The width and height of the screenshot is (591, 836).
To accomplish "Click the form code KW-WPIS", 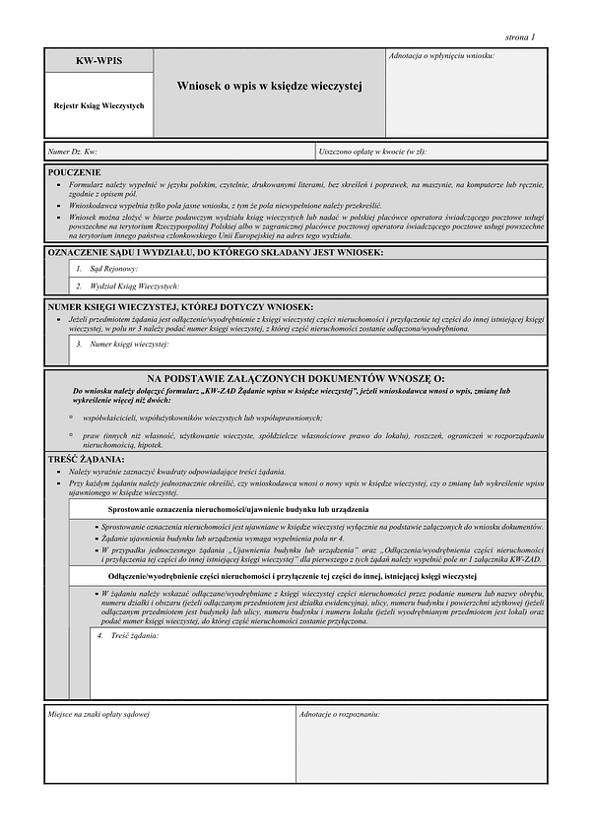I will (x=98, y=61).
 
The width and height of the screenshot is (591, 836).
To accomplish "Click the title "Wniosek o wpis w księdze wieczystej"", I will (x=269, y=87).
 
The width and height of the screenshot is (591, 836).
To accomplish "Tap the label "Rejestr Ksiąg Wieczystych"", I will (x=98, y=105).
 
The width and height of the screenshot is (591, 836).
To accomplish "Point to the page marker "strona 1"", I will (x=519, y=36).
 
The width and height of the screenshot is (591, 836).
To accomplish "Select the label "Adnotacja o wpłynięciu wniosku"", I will (x=442, y=55).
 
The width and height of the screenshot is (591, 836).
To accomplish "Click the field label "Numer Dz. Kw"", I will (x=73, y=152).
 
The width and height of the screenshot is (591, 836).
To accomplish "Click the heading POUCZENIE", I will (x=75, y=172).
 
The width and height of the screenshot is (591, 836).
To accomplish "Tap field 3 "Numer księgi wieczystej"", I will (x=122, y=345).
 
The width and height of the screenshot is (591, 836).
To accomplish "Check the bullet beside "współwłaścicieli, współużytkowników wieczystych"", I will (x=71, y=418).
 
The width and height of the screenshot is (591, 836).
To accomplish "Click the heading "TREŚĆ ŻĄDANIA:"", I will (x=87, y=460).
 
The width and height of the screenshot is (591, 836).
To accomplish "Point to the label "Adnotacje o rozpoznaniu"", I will (x=341, y=712).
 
